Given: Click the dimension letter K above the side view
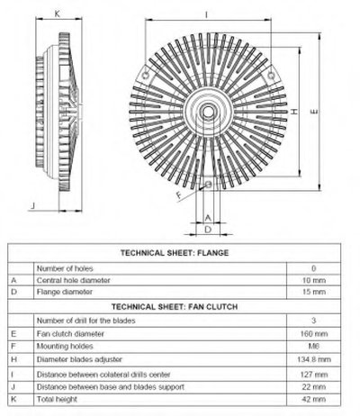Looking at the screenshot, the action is (x=58, y=14).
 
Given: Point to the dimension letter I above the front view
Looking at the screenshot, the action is (x=206, y=14).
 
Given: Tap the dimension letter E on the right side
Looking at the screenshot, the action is (x=314, y=112).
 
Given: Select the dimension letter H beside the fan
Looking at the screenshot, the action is (x=294, y=112).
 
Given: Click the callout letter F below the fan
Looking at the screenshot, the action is (x=179, y=195).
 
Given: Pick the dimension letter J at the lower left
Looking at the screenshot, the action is (x=33, y=205).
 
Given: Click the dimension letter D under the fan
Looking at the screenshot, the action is (x=208, y=230).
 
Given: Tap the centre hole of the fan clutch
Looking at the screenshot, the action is (x=207, y=112).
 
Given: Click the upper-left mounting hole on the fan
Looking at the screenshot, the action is (x=146, y=75).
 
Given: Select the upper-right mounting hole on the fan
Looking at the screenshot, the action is (x=271, y=75).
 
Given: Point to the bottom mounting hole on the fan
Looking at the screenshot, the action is (x=208, y=184).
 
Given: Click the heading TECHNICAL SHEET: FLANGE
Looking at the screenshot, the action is (x=175, y=253).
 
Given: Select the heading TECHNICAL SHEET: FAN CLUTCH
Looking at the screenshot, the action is (x=175, y=307).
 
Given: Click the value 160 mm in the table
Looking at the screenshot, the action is (x=314, y=333).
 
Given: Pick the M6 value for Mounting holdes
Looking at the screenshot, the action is (x=314, y=346).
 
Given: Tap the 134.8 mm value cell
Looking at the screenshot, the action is (x=314, y=359).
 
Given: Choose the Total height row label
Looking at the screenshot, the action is (x=57, y=399).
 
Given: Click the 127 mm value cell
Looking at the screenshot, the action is (x=314, y=375).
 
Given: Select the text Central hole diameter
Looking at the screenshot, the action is (x=74, y=280).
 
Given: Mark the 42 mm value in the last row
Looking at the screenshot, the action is (x=314, y=399).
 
